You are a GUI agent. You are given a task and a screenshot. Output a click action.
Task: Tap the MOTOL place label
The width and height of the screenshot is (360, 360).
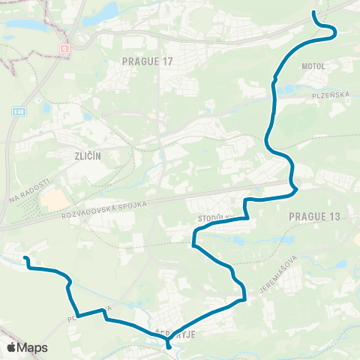click(x=313, y=66)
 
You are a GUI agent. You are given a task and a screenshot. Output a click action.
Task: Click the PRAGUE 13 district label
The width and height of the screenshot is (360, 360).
click(x=314, y=216)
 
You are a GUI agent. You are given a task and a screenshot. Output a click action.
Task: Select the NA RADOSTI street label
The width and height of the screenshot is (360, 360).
click(x=24, y=192)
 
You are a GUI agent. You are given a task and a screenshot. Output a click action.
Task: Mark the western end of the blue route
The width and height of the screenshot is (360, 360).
click(x=25, y=259)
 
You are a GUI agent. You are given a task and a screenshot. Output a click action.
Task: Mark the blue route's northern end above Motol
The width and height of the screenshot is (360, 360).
click(x=313, y=13)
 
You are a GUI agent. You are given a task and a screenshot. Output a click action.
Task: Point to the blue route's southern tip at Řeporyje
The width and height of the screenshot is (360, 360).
click(x=168, y=347)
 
